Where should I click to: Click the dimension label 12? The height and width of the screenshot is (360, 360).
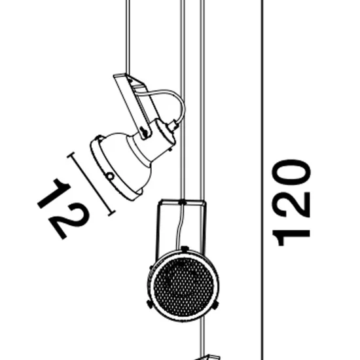click(63, 209)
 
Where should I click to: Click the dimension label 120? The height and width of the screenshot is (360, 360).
click(291, 202)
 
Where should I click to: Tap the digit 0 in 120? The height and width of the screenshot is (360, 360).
click(291, 172)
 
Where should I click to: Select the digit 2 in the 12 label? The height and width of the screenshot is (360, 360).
click(69, 221)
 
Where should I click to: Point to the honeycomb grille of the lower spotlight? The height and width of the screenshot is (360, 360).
click(183, 287)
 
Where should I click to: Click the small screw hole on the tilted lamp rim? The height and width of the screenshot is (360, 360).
click(110, 176)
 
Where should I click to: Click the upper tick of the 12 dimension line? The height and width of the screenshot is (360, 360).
click(71, 154)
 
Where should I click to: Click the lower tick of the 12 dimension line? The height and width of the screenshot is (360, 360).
click(111, 213)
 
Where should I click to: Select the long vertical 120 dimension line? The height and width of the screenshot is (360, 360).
click(262, 180)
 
